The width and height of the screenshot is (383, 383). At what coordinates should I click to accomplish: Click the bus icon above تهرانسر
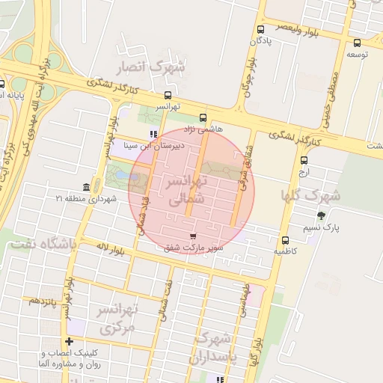pos(168,96)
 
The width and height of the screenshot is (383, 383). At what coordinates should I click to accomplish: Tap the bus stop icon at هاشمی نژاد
pos(203,117)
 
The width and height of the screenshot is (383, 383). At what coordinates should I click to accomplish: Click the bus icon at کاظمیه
pos(286,240)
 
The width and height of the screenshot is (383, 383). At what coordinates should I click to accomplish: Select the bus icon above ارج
pos(304,160)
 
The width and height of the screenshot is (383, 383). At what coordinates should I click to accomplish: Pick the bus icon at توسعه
pos(357,43)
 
